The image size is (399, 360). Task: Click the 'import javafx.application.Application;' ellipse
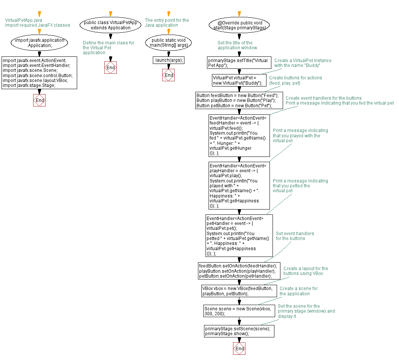click(x=40, y=43)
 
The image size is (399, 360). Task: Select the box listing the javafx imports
click(x=40, y=73)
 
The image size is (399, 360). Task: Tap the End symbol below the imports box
click(x=40, y=100)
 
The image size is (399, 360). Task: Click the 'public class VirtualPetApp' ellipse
click(x=110, y=25)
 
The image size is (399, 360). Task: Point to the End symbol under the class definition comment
click(x=110, y=67)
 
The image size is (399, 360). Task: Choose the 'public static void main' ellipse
click(x=169, y=43)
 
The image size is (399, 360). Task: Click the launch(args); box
click(x=169, y=60)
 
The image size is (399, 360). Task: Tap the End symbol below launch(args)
click(x=169, y=75)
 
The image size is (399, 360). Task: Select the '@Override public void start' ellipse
click(x=239, y=25)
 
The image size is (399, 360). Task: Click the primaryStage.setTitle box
click(x=239, y=63)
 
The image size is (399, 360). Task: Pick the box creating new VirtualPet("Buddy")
click(x=239, y=81)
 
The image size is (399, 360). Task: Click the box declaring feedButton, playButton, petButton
click(x=239, y=100)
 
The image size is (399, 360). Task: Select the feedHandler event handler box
click(x=239, y=135)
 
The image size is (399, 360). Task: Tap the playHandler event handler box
click(x=239, y=185)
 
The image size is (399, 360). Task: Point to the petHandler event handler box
click(x=239, y=236)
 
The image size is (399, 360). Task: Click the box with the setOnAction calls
click(x=239, y=271)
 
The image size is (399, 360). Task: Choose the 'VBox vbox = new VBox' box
click(x=239, y=291)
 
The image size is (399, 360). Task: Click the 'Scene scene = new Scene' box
click(x=239, y=311)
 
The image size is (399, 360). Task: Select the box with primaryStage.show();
click(x=239, y=331)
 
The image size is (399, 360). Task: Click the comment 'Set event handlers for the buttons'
click(x=295, y=236)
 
